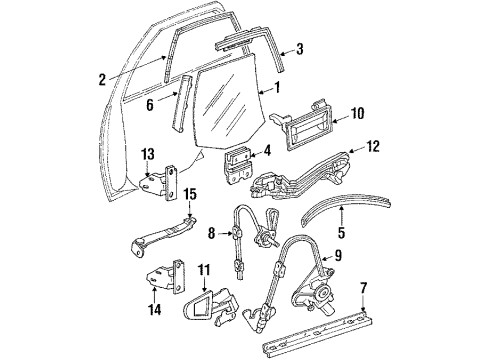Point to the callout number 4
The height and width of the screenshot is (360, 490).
click(267, 153)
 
